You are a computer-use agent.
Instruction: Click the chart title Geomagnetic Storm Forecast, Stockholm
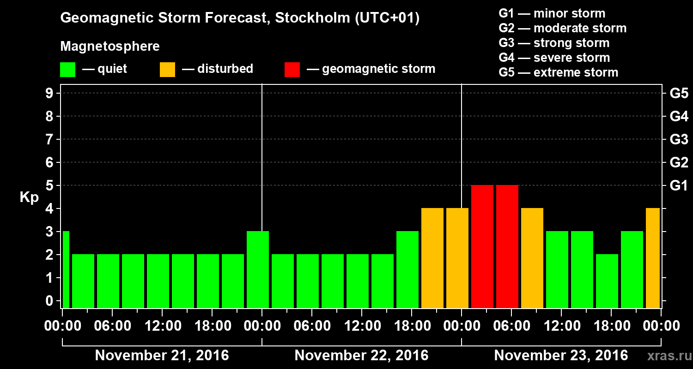(240, 18)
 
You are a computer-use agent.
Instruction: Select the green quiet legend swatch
(67, 70)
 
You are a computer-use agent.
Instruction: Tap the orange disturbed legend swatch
(167, 70)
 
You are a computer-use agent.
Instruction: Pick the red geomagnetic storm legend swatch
(292, 70)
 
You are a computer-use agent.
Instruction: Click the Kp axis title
(29, 197)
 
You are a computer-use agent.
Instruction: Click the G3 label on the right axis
(679, 139)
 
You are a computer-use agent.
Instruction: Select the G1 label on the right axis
(679, 185)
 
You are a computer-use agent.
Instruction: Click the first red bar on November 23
(482, 246)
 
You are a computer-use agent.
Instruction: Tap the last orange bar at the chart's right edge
(652, 258)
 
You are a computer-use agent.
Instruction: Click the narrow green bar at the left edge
(66, 270)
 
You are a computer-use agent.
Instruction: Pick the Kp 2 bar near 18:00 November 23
(607, 281)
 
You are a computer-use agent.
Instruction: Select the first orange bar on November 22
(432, 258)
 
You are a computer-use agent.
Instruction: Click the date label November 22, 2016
(361, 356)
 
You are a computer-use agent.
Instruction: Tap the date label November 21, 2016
(162, 356)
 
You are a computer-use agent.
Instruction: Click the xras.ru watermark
(666, 356)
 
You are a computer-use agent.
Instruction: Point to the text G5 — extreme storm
(558, 72)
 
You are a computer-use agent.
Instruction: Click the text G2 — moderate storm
(562, 28)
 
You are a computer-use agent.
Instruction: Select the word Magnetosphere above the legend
(110, 47)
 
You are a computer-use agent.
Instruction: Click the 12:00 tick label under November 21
(163, 326)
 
